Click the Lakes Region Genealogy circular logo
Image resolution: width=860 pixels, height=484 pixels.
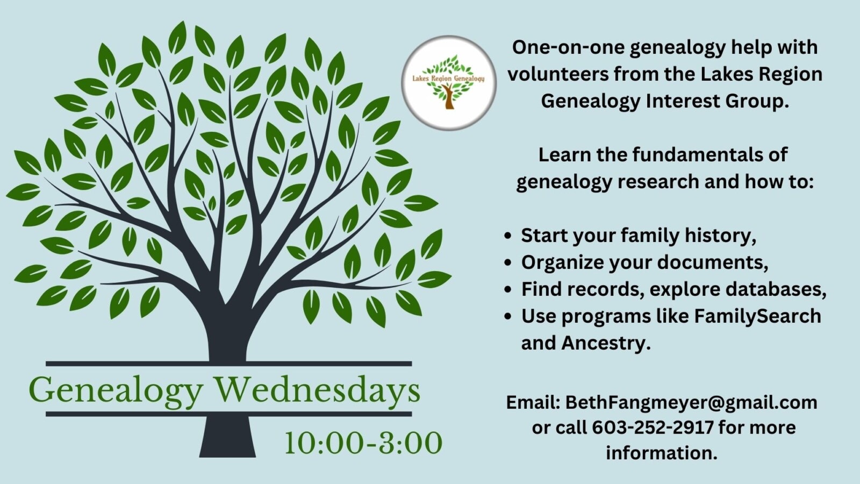click(449, 83)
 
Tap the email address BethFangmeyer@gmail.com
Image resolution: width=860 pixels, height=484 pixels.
click(691, 403)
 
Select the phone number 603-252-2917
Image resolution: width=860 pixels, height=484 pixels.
click(653, 427)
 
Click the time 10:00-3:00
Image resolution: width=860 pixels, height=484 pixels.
click(363, 443)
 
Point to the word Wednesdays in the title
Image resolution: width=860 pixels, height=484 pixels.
click(317, 389)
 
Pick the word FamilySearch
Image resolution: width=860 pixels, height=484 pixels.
click(757, 317)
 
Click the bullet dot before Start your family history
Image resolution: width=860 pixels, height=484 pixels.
click(508, 236)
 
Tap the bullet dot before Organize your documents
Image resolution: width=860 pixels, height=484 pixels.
click(508, 263)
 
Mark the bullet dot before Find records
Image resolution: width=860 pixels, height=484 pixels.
click(508, 289)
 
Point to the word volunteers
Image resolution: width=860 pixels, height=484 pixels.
click(558, 74)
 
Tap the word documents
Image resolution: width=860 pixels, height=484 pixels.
click(713, 263)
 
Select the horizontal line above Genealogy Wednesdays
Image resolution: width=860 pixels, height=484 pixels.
click(229, 364)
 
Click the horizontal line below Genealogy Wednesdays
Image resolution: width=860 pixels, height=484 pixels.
click(229, 414)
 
